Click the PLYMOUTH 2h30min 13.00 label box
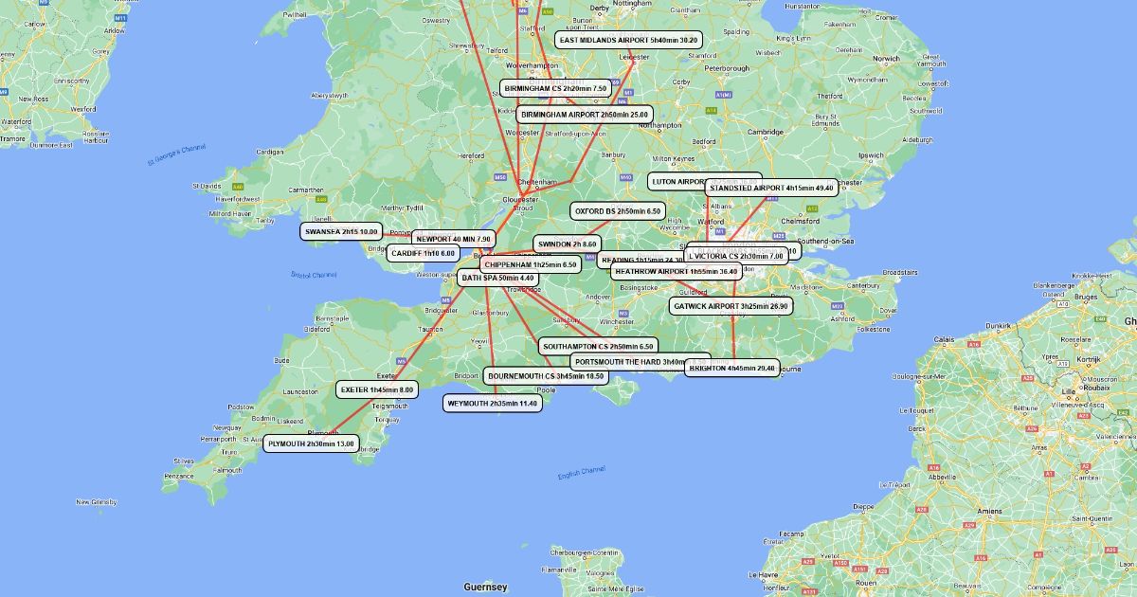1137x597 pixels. pos(311,443)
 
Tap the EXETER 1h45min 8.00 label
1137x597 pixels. pos(377,389)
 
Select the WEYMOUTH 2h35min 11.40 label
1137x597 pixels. pos(492,404)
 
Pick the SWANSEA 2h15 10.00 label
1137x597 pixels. pos(341,231)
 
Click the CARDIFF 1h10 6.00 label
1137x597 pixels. pos(423,253)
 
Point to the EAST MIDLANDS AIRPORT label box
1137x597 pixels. pos(628,41)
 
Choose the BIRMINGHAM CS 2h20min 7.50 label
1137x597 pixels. pos(555,88)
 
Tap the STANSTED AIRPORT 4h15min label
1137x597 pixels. pos(770,189)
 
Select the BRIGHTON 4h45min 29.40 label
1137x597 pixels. pos(731,368)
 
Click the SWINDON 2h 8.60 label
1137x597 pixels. pos(567,244)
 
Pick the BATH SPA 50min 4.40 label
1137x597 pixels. pos(498,279)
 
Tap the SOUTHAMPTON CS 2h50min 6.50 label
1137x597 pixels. pos(598,347)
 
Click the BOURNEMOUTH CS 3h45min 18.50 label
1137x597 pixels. pos(546,376)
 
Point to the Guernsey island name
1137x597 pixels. pos(485,588)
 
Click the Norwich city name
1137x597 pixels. pos(886,59)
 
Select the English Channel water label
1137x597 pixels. pos(581,472)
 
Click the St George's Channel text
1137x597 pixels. pos(176,154)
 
